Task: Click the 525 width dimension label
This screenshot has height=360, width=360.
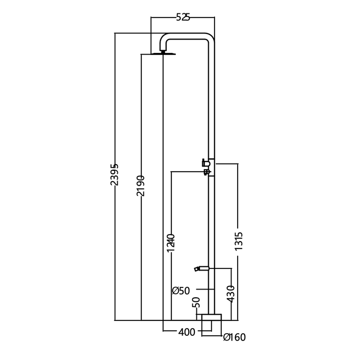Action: point(183,17)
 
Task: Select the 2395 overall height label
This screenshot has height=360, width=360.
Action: point(114,174)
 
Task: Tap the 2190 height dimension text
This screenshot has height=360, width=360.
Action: point(140,186)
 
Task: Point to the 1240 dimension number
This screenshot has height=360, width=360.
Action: point(171,243)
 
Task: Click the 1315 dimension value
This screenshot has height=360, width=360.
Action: point(239,241)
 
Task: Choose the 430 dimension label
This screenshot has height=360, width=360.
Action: point(230,294)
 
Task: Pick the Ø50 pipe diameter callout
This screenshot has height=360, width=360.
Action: point(181,291)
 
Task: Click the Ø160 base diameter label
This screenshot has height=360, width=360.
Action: point(235,337)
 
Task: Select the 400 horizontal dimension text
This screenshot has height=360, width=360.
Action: point(187,332)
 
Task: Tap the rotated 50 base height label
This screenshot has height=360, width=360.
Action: point(196,302)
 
